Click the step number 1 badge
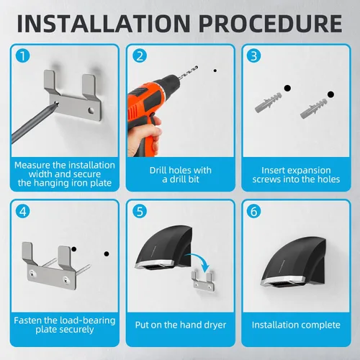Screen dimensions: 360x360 point(23,56)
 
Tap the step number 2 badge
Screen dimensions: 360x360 point(140,56)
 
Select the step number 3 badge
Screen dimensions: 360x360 point(253,56)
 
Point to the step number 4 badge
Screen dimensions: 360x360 point(23,211)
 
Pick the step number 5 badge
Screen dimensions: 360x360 point(140,211)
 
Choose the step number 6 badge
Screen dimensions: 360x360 point(253,211)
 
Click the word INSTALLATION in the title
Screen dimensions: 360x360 point(104,24)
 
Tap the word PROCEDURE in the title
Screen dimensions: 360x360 point(271,24)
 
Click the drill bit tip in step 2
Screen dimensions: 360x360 point(197,66)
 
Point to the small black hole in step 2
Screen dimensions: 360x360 point(215,71)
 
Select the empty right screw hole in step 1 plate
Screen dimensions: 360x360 point(91,110)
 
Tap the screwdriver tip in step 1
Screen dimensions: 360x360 point(57,104)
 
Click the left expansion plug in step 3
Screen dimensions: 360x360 point(269,102)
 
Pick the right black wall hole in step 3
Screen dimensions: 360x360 point(330,94)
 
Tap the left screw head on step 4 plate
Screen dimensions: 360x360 point(32,272)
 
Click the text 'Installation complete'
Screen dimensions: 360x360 point(296,325)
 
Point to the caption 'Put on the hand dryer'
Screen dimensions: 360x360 point(181,325)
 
